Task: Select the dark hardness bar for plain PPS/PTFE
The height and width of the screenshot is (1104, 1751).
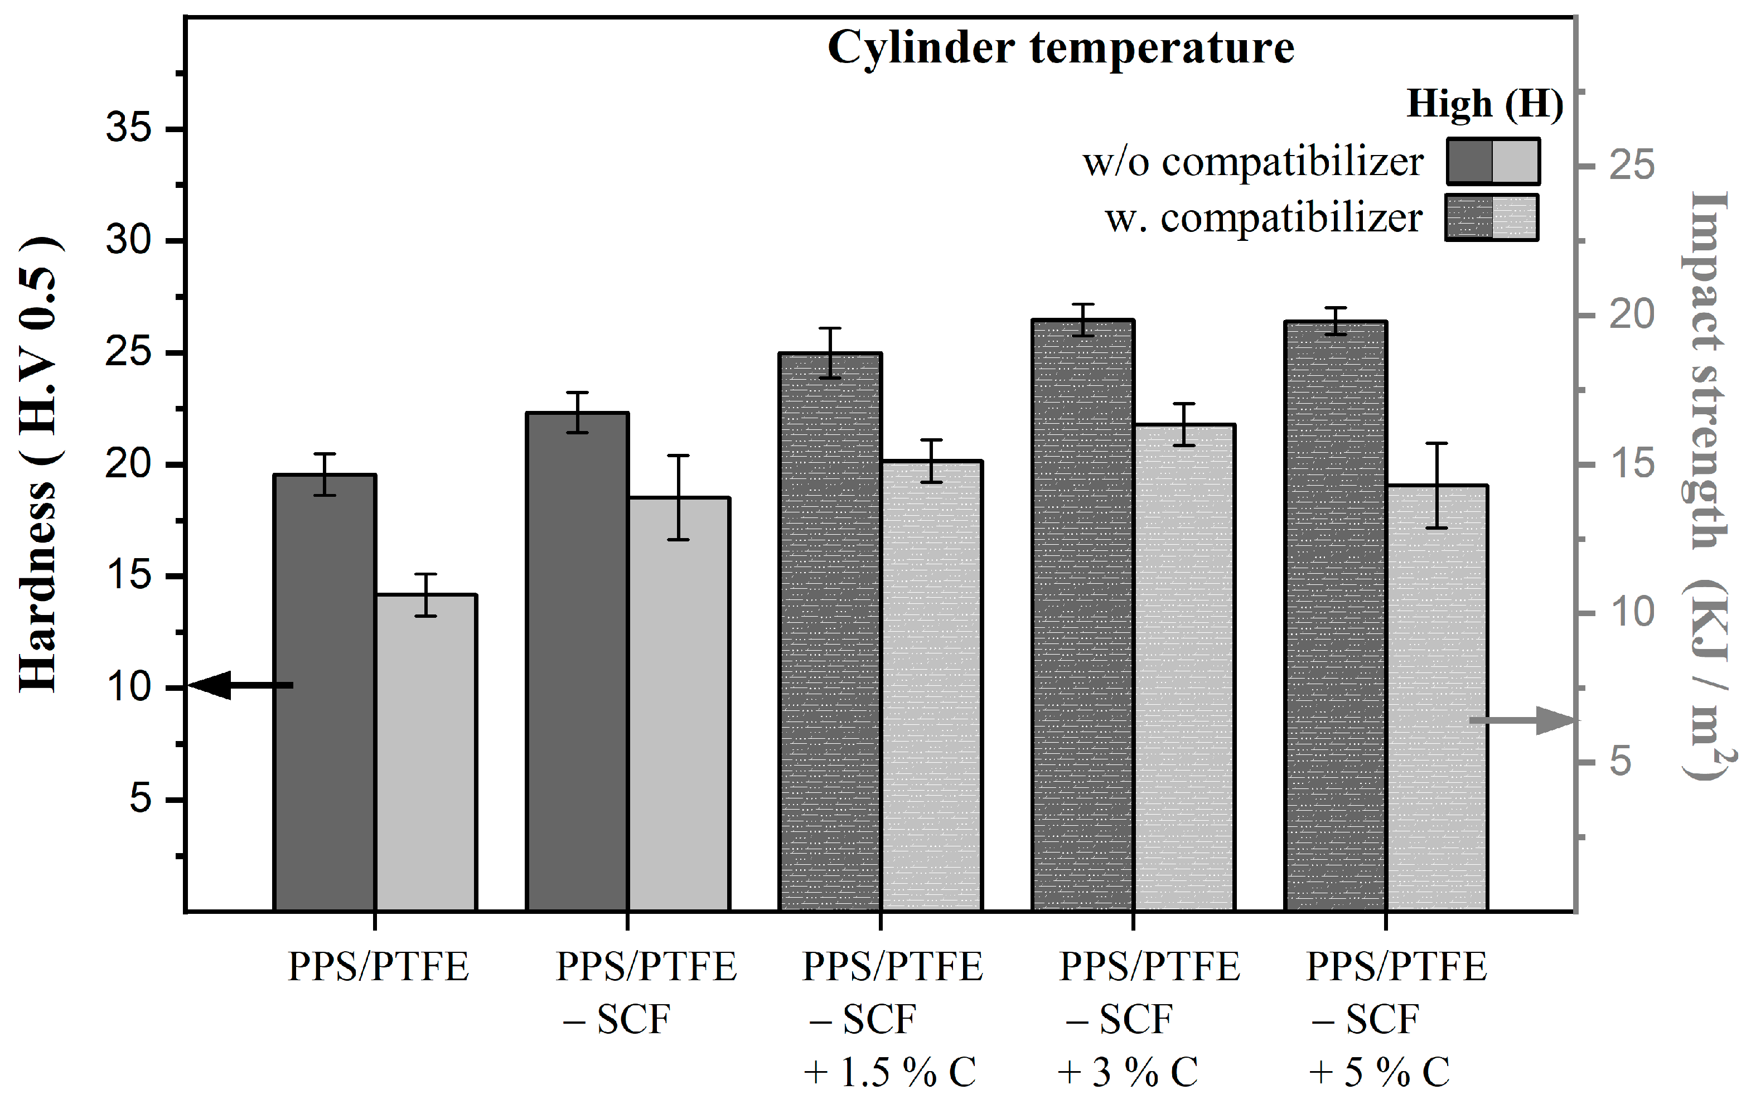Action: pyautogui.click(x=325, y=691)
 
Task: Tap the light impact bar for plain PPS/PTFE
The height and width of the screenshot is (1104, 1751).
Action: pyautogui.click(x=426, y=753)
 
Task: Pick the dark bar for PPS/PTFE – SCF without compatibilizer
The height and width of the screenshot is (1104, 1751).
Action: pyautogui.click(x=577, y=662)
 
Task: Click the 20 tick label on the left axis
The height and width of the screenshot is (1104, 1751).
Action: pyautogui.click(x=129, y=464)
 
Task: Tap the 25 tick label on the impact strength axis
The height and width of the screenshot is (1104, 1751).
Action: pyautogui.click(x=1632, y=165)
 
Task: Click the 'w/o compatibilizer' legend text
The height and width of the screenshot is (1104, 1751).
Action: pyautogui.click(x=1252, y=162)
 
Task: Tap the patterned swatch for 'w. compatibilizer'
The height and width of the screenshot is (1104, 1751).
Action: pyautogui.click(x=1491, y=217)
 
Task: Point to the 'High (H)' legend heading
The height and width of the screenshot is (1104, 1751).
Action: pyautogui.click(x=1483, y=104)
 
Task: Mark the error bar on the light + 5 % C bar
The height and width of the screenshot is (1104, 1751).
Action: pyautogui.click(x=1437, y=485)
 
